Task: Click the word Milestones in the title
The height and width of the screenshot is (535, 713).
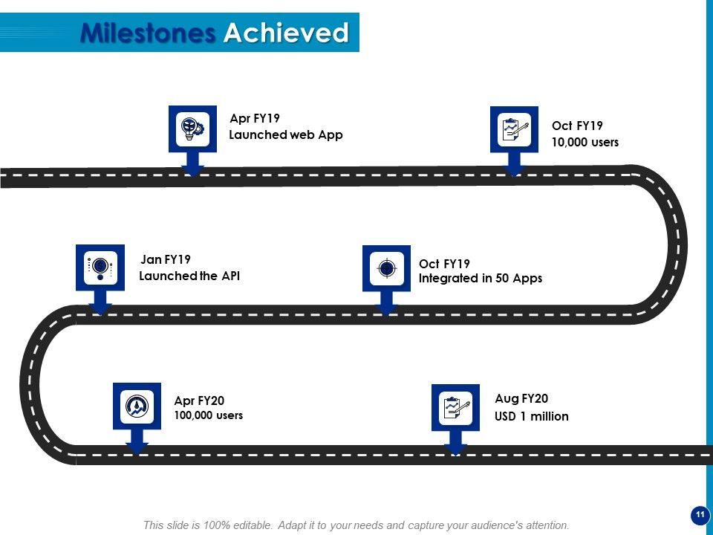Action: (x=148, y=33)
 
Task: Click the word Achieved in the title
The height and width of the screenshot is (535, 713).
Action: (x=286, y=33)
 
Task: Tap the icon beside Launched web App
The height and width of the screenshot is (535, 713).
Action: (x=193, y=129)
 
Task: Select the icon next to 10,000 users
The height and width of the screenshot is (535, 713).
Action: (x=514, y=129)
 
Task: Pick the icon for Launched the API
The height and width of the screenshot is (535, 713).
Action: (x=100, y=267)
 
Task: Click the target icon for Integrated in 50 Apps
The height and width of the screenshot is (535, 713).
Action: (x=386, y=267)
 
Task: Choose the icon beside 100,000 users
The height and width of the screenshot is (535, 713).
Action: (x=137, y=406)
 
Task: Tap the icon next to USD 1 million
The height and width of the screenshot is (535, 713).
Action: (x=455, y=407)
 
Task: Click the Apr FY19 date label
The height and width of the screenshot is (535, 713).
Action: (x=255, y=118)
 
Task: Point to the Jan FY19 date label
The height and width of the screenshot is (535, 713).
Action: (x=166, y=259)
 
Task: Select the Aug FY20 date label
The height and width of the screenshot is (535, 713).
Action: (x=521, y=399)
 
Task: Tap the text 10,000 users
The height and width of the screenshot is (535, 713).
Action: (x=585, y=142)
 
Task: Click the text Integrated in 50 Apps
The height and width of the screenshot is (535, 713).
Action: (x=481, y=279)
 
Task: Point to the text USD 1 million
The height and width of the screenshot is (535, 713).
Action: (x=532, y=416)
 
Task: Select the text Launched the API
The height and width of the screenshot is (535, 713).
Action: (x=189, y=276)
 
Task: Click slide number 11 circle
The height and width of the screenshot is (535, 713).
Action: (x=699, y=515)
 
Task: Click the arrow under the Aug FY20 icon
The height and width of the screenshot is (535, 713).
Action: (x=455, y=442)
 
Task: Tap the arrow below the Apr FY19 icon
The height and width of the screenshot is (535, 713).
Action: (x=193, y=164)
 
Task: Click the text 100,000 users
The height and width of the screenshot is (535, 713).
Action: (x=209, y=415)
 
